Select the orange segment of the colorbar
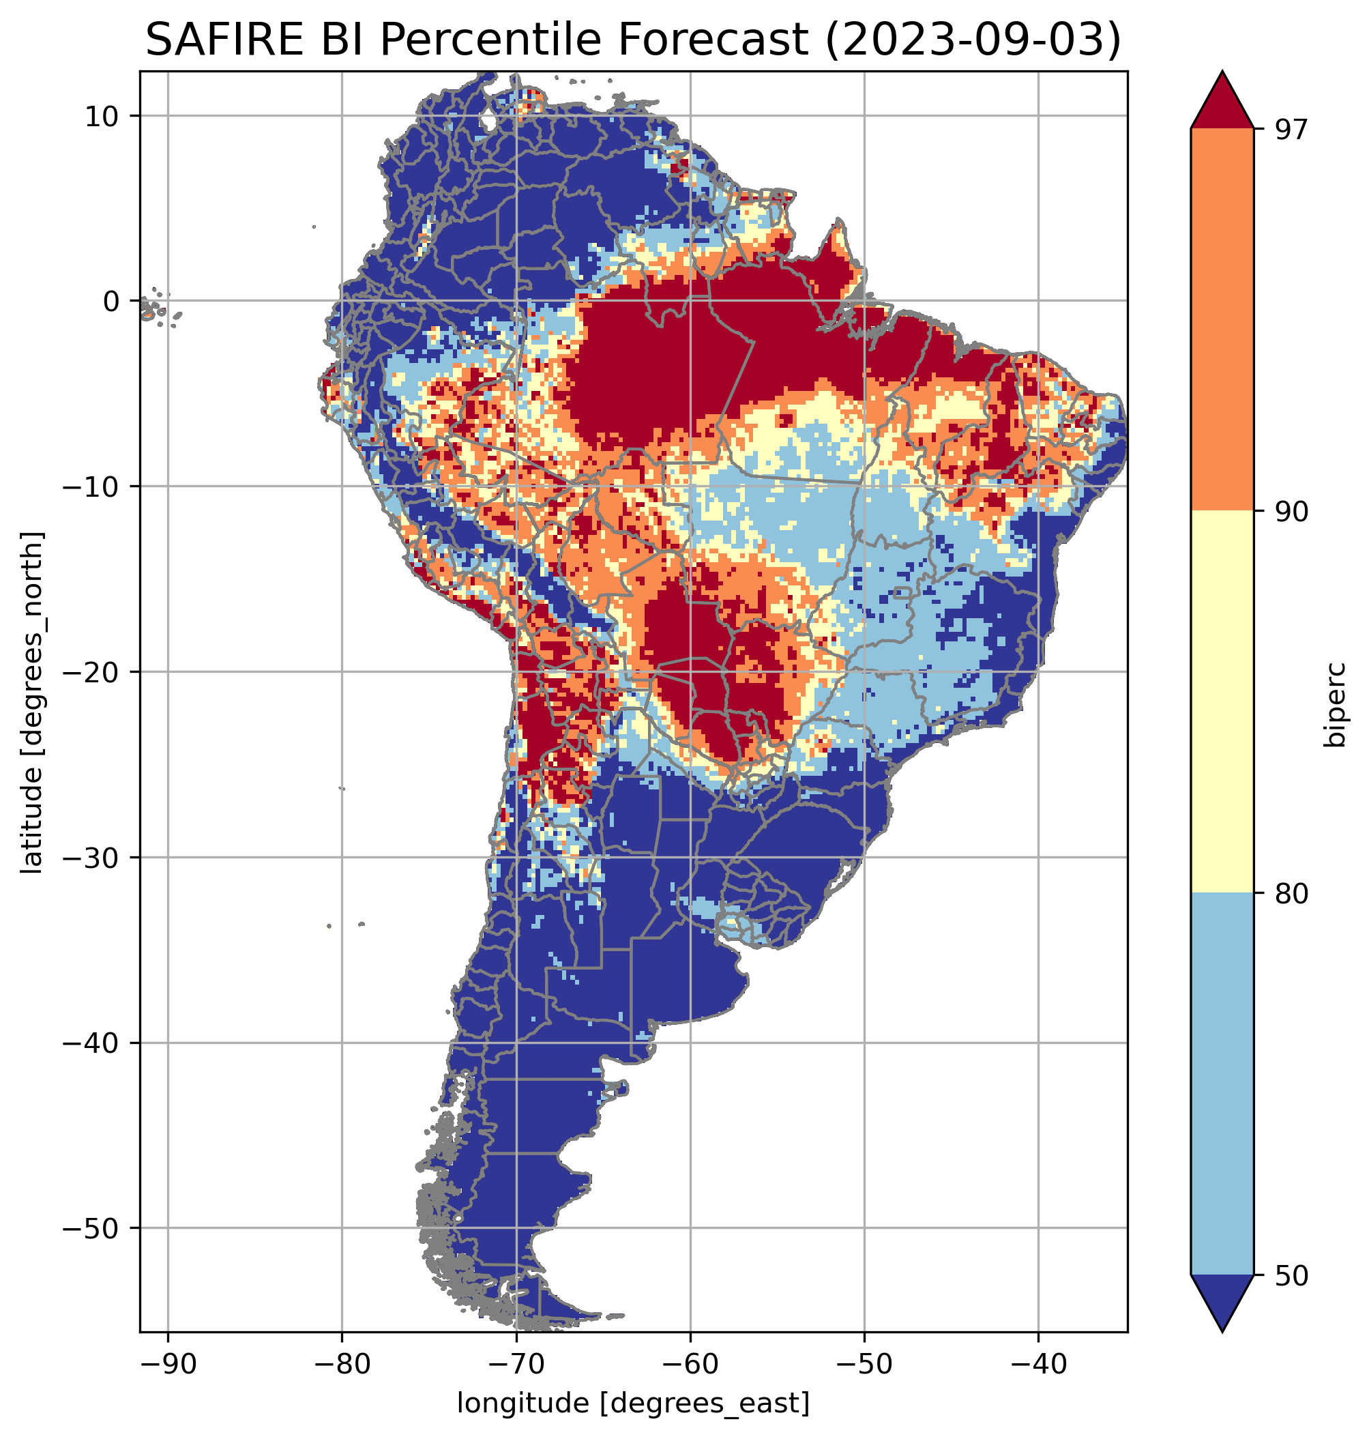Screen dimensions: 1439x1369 coord(1222,320)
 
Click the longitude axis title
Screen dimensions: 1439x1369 coord(634,1404)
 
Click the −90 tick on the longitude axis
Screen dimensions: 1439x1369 coord(168,1365)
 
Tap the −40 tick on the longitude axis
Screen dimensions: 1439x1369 coord(1037,1365)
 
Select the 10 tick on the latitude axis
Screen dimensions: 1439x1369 coord(102,116)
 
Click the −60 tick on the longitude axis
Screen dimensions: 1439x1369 coord(690,1365)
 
